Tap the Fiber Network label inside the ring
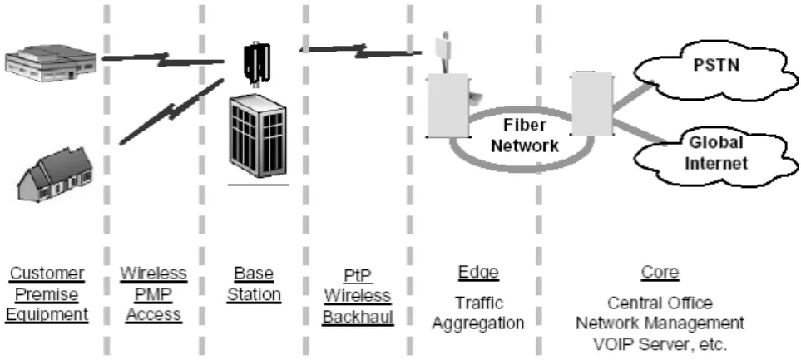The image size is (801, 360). click(x=525, y=136)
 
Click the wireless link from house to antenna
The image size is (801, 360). click(x=171, y=112)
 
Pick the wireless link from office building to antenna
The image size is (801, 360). click(x=164, y=59)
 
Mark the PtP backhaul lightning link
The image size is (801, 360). click(x=361, y=50)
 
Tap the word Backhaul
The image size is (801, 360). click(x=358, y=317)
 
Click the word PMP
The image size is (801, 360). click(x=154, y=294)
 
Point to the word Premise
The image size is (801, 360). click(x=47, y=294)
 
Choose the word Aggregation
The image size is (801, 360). click(x=478, y=323)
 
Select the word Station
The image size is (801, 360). click(x=254, y=294)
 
